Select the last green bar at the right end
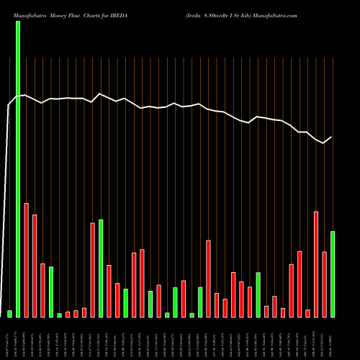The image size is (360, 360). tap(333, 274)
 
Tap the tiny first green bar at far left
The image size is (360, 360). tap(10, 313)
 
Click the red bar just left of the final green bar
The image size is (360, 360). tap(324, 284)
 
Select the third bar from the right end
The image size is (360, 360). tap(316, 264)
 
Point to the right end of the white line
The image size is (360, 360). tap(332, 137)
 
